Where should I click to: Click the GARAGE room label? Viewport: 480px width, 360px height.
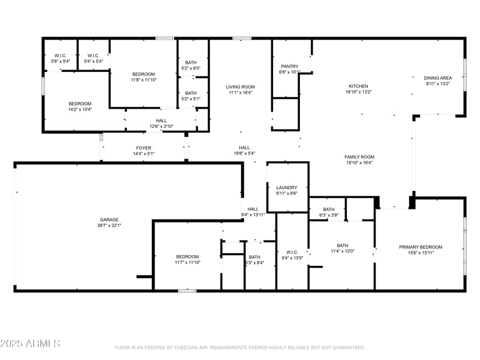coord(109,220)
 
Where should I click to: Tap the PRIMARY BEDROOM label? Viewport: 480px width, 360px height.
coord(421,247)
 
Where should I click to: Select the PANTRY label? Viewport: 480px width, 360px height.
coord(290,67)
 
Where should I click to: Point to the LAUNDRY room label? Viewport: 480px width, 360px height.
coord(287,188)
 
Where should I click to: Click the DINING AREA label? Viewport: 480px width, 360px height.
coord(437,78)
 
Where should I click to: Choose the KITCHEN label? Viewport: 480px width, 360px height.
coord(359,86)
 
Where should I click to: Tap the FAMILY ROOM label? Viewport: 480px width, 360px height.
coord(359,157)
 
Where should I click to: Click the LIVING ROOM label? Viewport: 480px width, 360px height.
coord(241,86)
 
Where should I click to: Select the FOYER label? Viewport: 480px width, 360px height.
coord(143,148)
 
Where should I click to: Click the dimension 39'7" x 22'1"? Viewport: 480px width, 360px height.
coord(109,226)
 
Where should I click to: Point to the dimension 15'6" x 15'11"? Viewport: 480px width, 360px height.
coord(421,253)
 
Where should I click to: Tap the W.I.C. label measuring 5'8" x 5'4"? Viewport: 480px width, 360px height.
coord(61,56)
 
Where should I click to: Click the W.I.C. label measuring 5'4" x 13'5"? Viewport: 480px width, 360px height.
coord(292,252)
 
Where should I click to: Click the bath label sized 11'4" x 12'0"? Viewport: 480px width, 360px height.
coord(342,245)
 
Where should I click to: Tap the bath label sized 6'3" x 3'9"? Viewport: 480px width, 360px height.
coord(329,209)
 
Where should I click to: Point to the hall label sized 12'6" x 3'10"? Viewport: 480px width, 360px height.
coord(161,121)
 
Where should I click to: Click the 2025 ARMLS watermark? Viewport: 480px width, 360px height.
coord(30,344)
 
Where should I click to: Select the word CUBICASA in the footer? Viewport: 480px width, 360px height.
coord(192,347)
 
